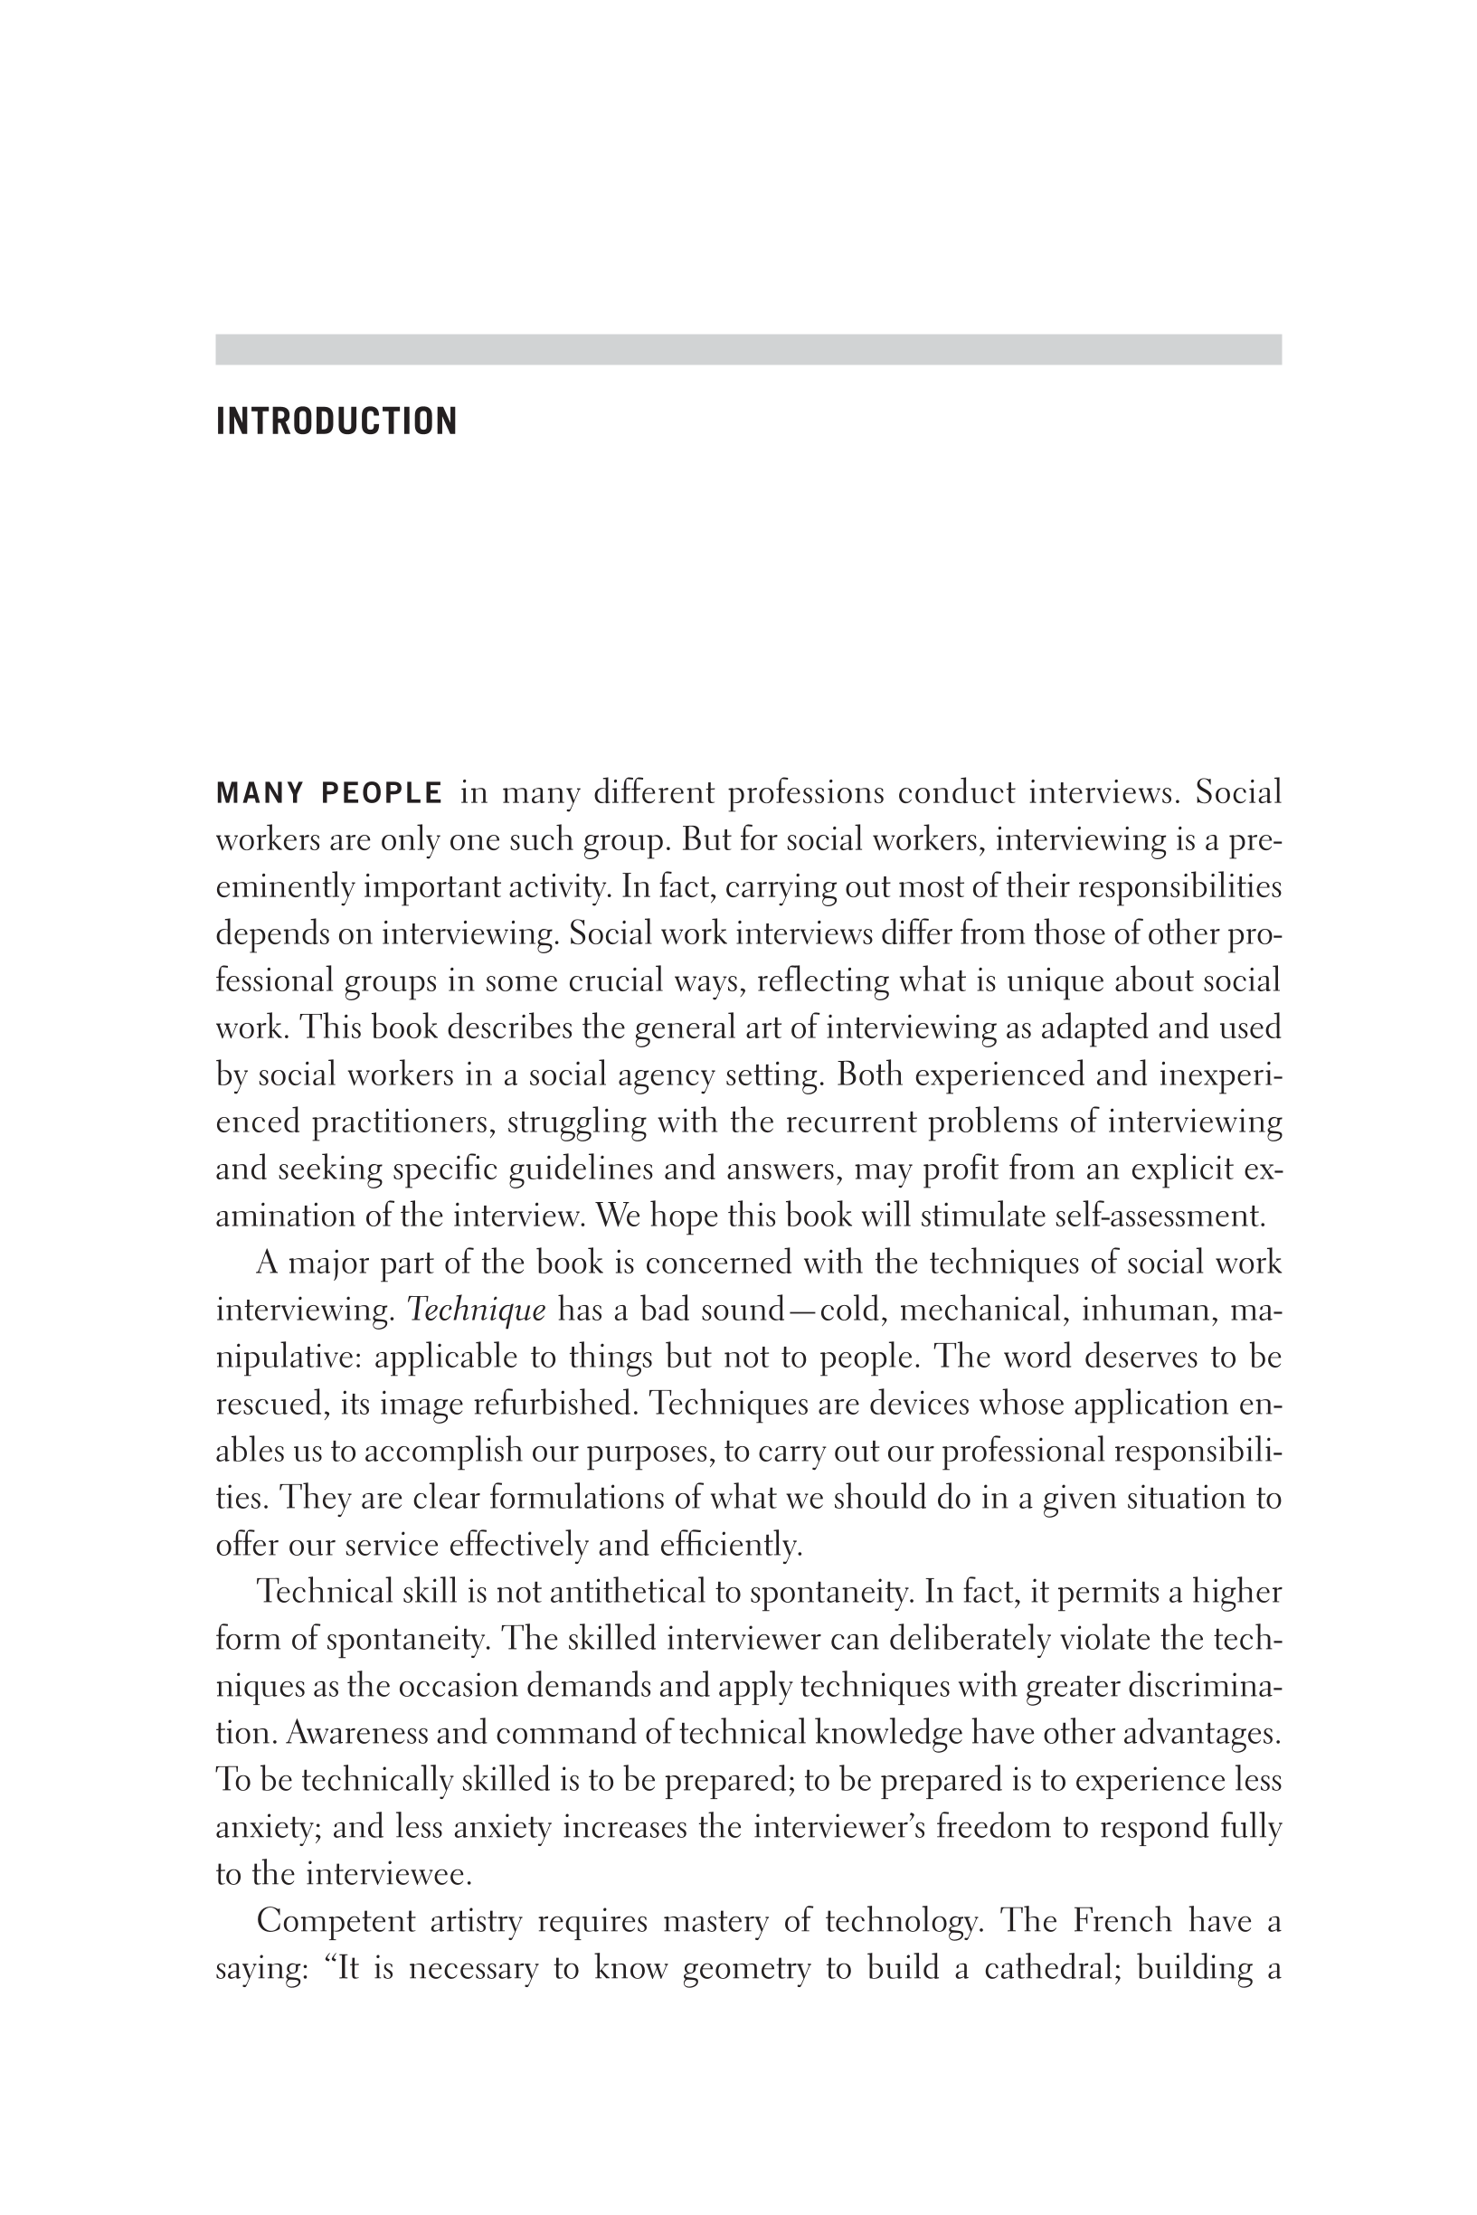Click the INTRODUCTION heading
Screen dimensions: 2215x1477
click(336, 421)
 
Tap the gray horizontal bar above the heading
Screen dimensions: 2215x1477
click(748, 349)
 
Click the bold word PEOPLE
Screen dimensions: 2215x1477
click(382, 794)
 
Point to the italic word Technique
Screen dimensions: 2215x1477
click(476, 1310)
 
